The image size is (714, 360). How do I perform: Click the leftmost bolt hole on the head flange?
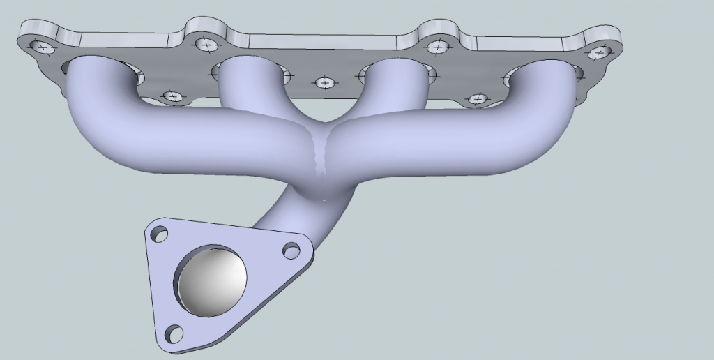(43, 47)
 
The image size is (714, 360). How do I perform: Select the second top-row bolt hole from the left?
(206, 45)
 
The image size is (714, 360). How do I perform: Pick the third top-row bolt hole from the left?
(436, 47)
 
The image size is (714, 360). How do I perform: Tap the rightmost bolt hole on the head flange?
(598, 52)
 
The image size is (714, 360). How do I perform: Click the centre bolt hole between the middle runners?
(324, 83)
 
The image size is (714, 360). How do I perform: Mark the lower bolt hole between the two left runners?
(172, 96)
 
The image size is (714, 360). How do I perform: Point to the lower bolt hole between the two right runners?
(477, 99)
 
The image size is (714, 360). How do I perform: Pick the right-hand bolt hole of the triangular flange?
(291, 250)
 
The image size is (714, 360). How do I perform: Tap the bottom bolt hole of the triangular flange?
(174, 333)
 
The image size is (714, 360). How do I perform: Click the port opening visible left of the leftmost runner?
(68, 68)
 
